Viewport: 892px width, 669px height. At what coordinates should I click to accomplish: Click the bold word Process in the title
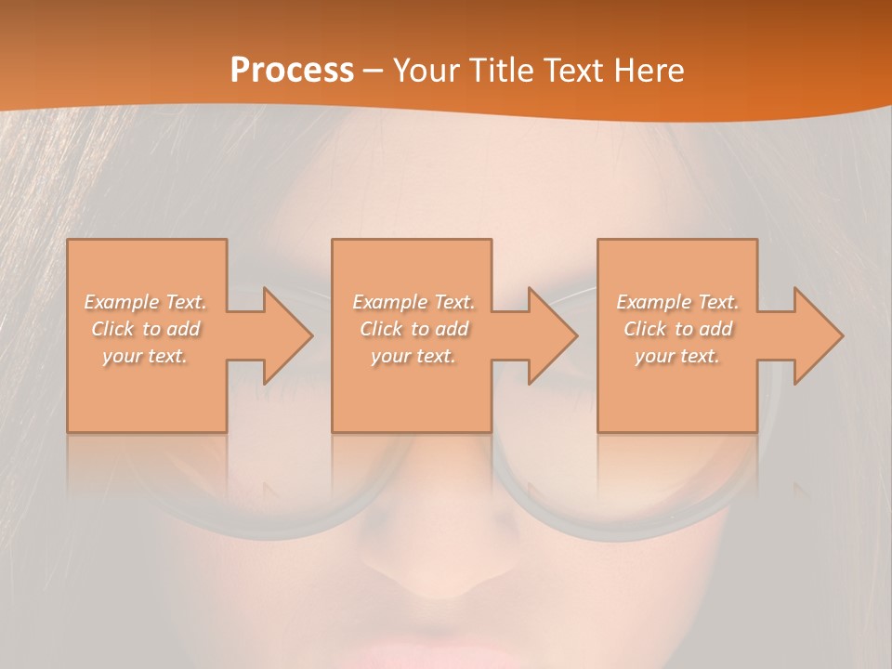[292, 71]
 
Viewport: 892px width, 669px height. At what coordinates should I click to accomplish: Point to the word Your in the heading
[426, 71]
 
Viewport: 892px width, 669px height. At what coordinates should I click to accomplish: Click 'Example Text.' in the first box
[145, 302]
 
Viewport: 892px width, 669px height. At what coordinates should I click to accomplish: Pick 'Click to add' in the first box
[145, 329]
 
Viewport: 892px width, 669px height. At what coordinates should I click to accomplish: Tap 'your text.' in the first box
[145, 356]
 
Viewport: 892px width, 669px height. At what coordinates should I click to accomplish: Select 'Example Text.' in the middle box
[413, 302]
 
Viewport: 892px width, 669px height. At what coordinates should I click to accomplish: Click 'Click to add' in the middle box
[413, 329]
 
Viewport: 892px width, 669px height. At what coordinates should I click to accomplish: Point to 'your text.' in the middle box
[413, 356]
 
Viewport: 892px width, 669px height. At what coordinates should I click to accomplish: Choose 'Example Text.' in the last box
[676, 302]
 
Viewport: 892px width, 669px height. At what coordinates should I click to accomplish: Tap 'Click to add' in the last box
[676, 329]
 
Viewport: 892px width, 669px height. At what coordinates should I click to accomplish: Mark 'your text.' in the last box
[676, 356]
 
